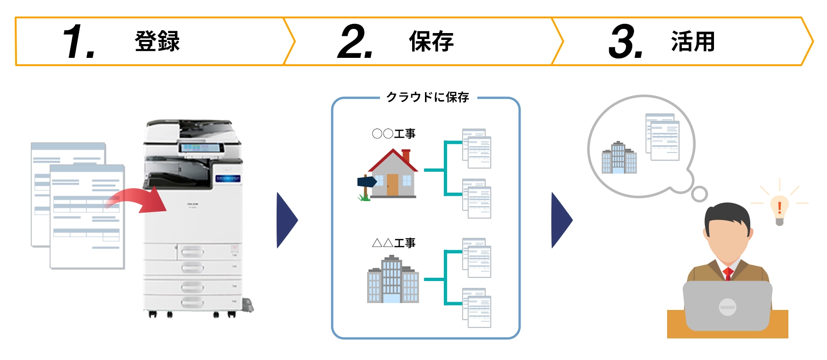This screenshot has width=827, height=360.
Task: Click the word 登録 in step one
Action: click(x=157, y=42)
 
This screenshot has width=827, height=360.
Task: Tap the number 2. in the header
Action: click(x=355, y=42)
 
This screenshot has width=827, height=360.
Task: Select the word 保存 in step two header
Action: click(x=431, y=42)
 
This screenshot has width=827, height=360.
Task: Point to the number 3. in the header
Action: click(x=625, y=42)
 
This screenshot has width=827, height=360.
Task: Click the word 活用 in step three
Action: click(x=693, y=42)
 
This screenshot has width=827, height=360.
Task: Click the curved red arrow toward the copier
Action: click(x=138, y=201)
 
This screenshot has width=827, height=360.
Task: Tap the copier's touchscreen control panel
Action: click(x=201, y=148)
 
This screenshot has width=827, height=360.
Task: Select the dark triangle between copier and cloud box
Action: click(x=286, y=220)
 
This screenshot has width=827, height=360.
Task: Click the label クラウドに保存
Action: click(x=428, y=97)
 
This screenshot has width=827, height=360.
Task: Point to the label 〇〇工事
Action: click(x=393, y=134)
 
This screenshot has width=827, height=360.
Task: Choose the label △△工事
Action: click(x=393, y=242)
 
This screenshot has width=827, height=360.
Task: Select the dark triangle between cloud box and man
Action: click(x=561, y=220)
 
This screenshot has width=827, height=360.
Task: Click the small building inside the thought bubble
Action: click(x=619, y=158)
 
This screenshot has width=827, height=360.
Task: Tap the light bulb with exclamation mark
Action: click(x=779, y=209)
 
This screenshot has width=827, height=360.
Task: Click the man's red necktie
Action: click(x=728, y=274)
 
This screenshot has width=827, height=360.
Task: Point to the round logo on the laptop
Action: click(x=727, y=306)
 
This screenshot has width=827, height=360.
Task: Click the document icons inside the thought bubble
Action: click(x=663, y=137)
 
